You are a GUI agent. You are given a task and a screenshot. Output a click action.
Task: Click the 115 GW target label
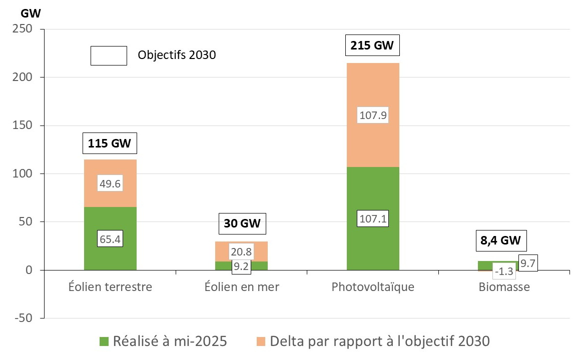pyautogui.click(x=110, y=143)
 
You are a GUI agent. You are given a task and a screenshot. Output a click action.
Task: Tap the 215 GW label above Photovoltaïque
pyautogui.click(x=373, y=46)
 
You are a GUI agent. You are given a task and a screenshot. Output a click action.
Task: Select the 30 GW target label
pyautogui.click(x=242, y=223)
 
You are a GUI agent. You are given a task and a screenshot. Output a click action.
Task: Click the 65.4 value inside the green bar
pyautogui.click(x=110, y=238)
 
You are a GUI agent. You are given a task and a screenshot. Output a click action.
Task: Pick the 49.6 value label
pyautogui.click(x=110, y=184)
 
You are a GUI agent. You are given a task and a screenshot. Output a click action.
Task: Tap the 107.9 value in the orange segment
pyautogui.click(x=373, y=115)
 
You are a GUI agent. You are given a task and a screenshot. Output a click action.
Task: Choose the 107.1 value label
pyautogui.click(x=373, y=218)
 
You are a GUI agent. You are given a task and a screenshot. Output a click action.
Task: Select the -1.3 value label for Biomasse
pyautogui.click(x=503, y=271)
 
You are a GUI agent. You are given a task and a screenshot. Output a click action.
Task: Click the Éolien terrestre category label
pyautogui.click(x=110, y=287)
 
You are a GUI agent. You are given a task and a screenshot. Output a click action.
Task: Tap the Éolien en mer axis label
pyautogui.click(x=242, y=287)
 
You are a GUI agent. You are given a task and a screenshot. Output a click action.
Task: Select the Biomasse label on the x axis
pyautogui.click(x=504, y=287)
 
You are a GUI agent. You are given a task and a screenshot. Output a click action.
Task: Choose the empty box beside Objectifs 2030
pyautogui.click(x=108, y=55)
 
